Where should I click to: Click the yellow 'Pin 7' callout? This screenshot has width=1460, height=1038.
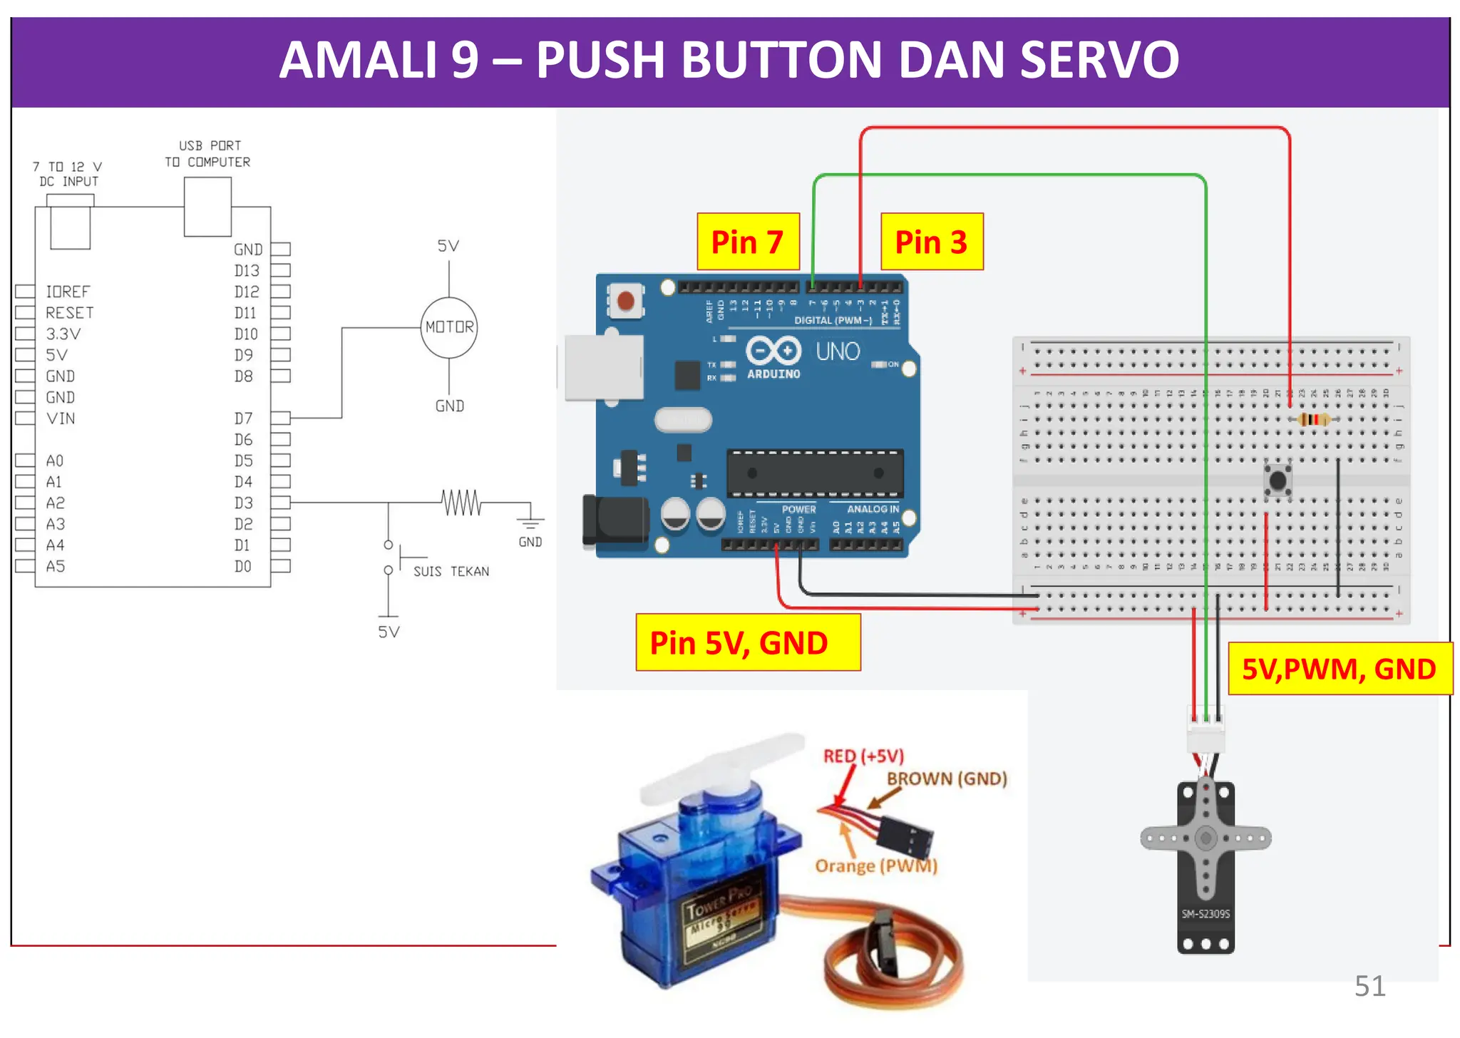click(x=748, y=242)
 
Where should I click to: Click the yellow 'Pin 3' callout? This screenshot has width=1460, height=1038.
click(x=931, y=242)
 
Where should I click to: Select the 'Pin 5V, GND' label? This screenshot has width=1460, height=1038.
click(x=747, y=642)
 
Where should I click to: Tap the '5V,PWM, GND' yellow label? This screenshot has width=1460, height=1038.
click(x=1339, y=669)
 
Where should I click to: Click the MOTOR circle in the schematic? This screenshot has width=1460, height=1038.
click(x=449, y=327)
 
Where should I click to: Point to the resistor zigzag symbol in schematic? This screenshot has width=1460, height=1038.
click(x=461, y=503)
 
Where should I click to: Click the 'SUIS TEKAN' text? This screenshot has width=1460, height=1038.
click(x=451, y=571)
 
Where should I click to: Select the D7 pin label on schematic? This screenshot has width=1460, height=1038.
click(x=244, y=418)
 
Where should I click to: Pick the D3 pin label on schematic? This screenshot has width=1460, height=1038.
click(x=244, y=503)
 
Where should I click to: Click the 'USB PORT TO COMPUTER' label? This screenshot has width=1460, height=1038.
click(x=207, y=154)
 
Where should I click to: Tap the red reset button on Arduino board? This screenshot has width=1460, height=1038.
click(x=626, y=301)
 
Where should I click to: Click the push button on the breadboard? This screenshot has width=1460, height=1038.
click(x=1277, y=481)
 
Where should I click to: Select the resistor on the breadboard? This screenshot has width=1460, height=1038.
click(x=1313, y=419)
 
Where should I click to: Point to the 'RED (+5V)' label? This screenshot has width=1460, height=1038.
click(x=863, y=756)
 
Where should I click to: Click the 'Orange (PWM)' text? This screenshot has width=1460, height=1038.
click(x=875, y=865)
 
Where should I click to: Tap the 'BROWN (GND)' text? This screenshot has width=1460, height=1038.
click(x=947, y=778)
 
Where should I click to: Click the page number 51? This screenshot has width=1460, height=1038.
click(x=1369, y=986)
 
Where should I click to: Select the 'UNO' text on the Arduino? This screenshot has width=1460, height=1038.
click(x=838, y=351)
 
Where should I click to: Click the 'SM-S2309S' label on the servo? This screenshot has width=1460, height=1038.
click(x=1205, y=913)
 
